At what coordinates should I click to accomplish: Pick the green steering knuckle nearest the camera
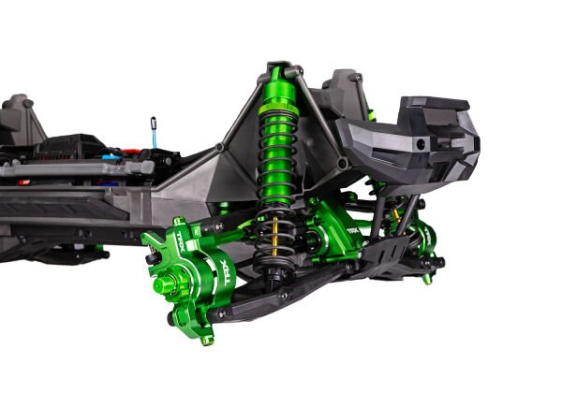[x=192, y=271]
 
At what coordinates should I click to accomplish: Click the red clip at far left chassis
[x=24, y=182]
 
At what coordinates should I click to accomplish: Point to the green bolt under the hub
[x=207, y=338]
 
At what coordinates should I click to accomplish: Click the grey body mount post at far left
[x=19, y=117]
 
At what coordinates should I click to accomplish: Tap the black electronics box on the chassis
[x=70, y=145]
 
